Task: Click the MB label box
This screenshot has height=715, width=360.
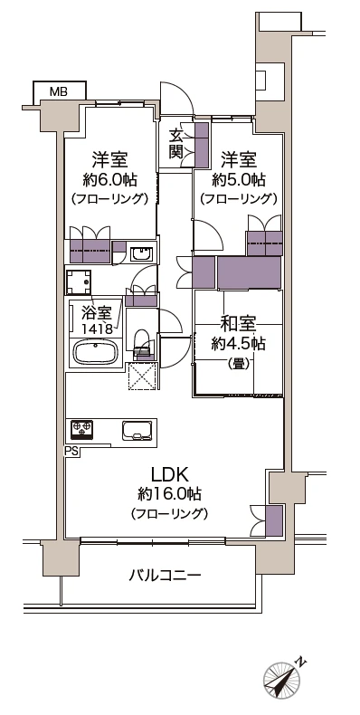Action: [58, 91]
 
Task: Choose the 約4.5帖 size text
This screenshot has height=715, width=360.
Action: [239, 343]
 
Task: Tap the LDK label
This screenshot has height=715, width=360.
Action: [169, 473]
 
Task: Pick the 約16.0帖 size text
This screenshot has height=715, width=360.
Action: [169, 495]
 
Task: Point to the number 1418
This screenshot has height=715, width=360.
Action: [97, 329]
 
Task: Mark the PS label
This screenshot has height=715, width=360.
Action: [71, 450]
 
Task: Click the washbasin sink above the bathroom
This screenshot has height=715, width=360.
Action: [141, 253]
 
